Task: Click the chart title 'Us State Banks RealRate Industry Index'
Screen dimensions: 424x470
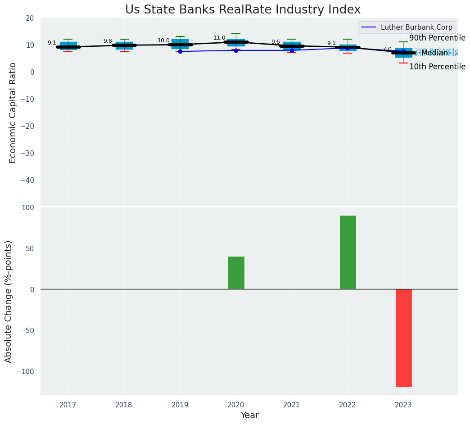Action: click(x=243, y=10)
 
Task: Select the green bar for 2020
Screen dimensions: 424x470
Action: click(x=236, y=273)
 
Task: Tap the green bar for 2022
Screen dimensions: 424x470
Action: click(x=348, y=252)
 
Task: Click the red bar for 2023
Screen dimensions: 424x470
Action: click(x=403, y=338)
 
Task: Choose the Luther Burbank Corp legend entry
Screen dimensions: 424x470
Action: click(x=416, y=27)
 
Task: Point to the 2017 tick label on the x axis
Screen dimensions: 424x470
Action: click(x=68, y=405)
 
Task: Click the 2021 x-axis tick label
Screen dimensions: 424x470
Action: click(x=292, y=405)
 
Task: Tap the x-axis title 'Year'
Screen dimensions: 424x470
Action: click(x=249, y=415)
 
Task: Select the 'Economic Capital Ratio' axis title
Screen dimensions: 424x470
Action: click(x=13, y=113)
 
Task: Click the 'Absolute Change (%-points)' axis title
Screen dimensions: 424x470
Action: click(x=9, y=301)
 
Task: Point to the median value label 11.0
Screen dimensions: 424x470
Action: click(x=219, y=38)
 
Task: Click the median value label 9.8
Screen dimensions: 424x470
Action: click(x=108, y=41)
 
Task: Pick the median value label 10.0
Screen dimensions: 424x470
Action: click(x=163, y=41)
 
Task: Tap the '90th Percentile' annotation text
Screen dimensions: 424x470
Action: click(x=437, y=38)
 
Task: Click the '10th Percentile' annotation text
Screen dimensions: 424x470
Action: click(x=437, y=67)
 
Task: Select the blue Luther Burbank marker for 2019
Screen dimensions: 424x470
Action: click(x=180, y=51)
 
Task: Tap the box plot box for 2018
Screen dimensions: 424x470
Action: click(x=124, y=45)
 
